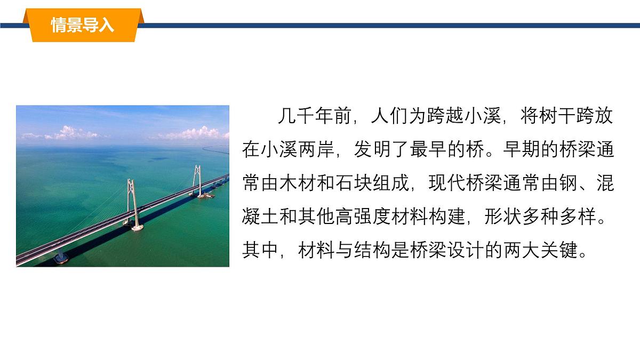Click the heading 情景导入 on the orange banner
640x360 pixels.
click(83, 25)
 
